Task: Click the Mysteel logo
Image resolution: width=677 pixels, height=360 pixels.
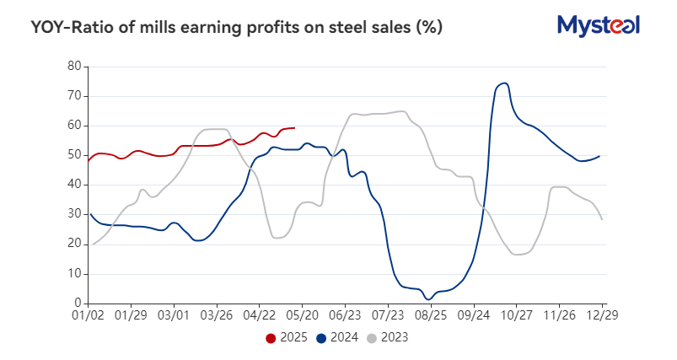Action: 599,25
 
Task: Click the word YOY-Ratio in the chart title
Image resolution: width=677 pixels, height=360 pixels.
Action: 71,28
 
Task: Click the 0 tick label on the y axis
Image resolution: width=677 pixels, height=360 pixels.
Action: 77,304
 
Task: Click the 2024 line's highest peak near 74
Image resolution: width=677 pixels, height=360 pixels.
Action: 504,83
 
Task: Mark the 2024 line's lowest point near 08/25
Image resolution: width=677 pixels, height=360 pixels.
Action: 429,298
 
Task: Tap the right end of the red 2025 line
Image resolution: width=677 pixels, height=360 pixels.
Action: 293,127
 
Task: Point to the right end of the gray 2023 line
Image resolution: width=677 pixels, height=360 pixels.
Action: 602,219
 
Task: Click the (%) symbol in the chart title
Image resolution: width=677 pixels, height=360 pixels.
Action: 428,28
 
